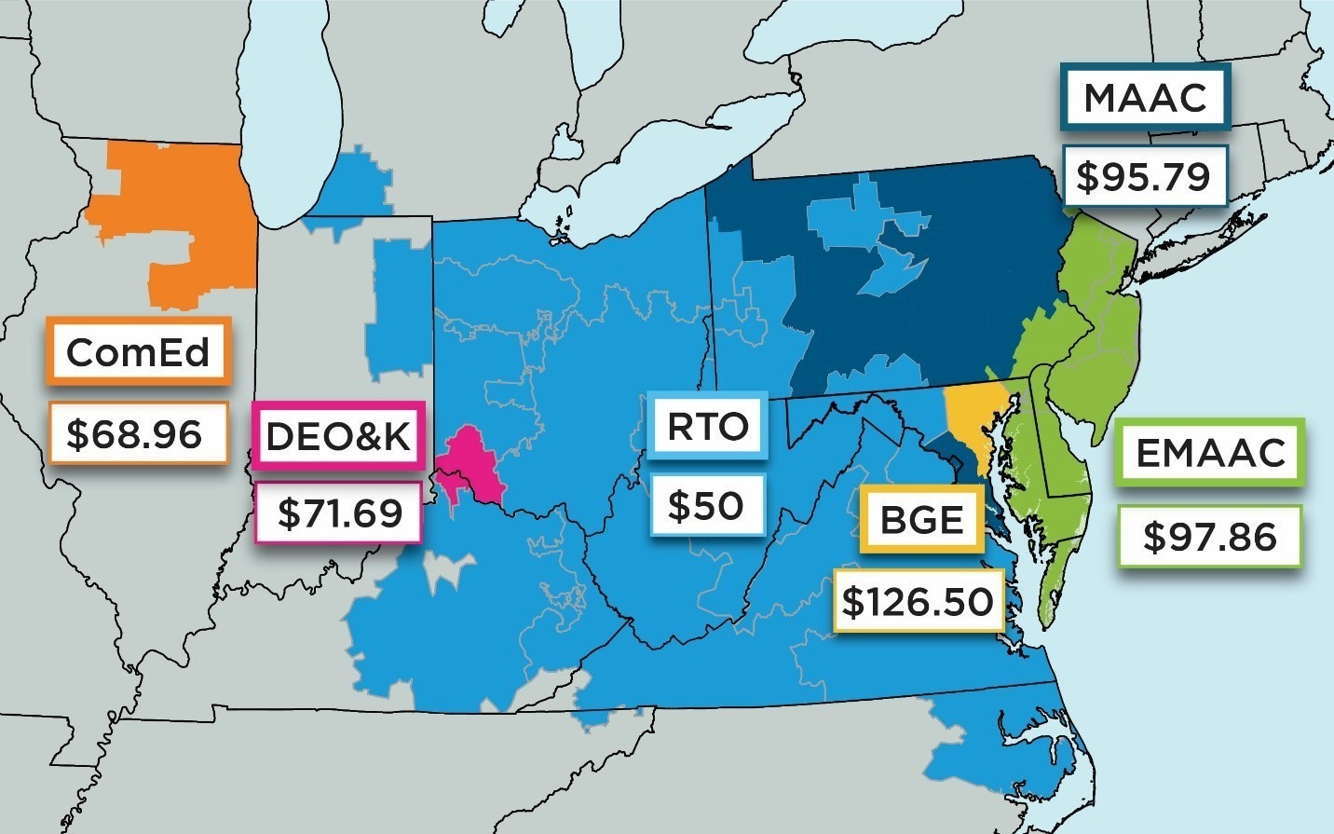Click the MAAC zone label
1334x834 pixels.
point(1145,97)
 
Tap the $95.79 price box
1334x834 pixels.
point(1145,175)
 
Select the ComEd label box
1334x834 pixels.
point(138,352)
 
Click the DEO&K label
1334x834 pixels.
point(338,435)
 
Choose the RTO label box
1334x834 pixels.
point(708,426)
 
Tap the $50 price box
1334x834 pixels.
point(706,505)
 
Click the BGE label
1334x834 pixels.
point(921,519)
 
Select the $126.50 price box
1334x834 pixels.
point(918,601)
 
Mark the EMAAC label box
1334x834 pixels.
point(1210,452)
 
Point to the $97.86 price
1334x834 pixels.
point(1209,536)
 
